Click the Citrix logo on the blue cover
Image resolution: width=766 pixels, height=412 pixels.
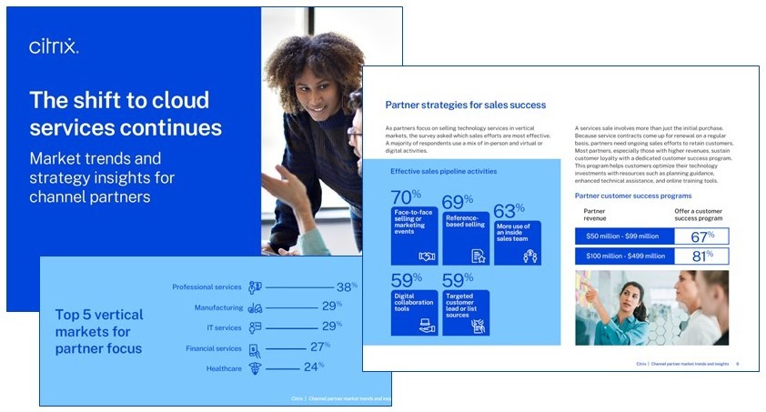click(x=54, y=46)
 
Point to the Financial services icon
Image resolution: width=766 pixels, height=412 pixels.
click(x=255, y=348)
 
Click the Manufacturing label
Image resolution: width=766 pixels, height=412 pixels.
click(x=218, y=308)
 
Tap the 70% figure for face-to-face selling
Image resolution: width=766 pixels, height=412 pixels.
click(x=405, y=197)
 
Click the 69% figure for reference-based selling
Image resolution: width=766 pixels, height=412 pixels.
click(x=456, y=201)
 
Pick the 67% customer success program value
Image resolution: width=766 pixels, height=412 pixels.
click(x=701, y=236)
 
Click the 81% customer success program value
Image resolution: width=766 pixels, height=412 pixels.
click(x=701, y=256)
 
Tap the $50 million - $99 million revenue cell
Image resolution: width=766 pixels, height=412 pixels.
click(x=625, y=236)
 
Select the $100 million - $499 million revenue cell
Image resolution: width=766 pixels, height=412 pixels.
click(x=625, y=256)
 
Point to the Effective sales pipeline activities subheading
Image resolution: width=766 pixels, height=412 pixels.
click(x=443, y=171)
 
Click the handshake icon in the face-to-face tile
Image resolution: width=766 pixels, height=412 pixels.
click(x=426, y=256)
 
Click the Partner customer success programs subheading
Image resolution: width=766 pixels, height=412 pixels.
click(x=632, y=196)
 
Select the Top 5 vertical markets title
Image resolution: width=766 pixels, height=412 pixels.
click(x=99, y=331)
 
